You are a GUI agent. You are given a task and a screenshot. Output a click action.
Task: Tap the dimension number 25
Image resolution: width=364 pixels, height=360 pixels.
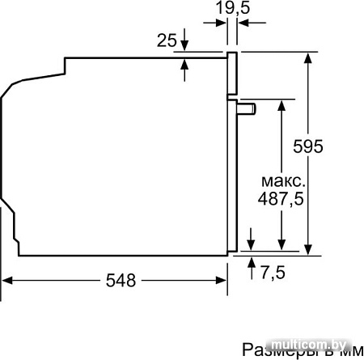coord(167,40)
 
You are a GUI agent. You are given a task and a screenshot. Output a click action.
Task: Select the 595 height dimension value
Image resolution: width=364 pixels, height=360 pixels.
coord(307,147)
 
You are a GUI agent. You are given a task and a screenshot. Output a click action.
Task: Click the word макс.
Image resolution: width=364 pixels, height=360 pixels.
coord(282,180)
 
